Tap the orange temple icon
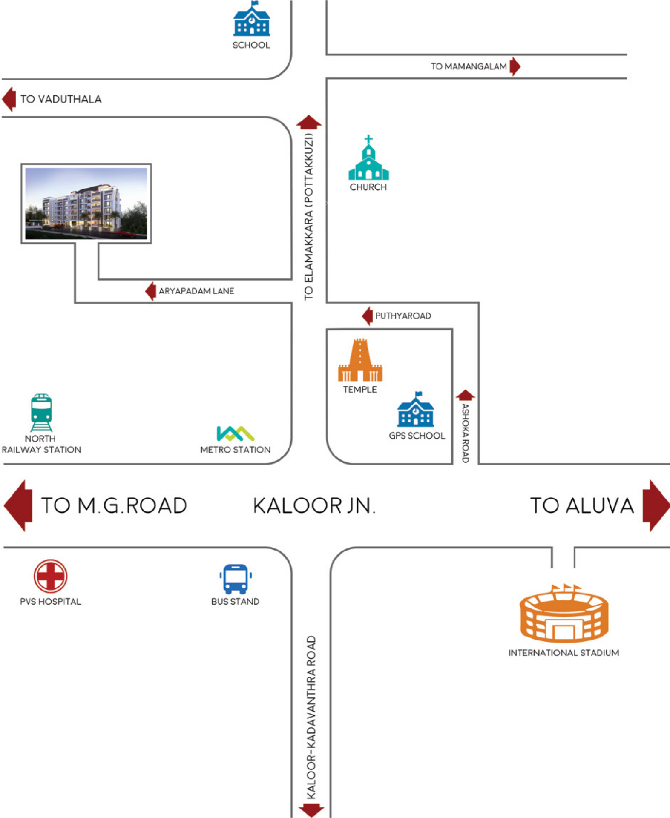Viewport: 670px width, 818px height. tap(360, 360)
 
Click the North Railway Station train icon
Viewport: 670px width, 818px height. tap(41, 413)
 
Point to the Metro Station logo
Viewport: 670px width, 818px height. tap(236, 433)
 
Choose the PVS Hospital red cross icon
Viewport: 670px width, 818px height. tap(51, 576)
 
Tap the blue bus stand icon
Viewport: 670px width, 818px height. tap(236, 579)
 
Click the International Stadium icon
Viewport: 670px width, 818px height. tap(564, 613)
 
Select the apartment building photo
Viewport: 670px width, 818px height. tap(86, 204)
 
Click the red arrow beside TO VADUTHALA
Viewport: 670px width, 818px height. tap(9, 99)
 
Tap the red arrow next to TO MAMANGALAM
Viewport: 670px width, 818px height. tap(515, 66)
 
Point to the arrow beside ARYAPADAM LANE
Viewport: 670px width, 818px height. tap(151, 291)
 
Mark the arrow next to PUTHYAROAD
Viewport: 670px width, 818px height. tap(367, 316)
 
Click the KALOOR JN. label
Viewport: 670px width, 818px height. tap(314, 506)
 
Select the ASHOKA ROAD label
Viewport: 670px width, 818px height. tap(466, 433)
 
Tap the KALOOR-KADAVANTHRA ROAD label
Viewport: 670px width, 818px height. tap(311, 718)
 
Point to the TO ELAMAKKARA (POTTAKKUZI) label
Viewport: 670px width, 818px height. tap(309, 217)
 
